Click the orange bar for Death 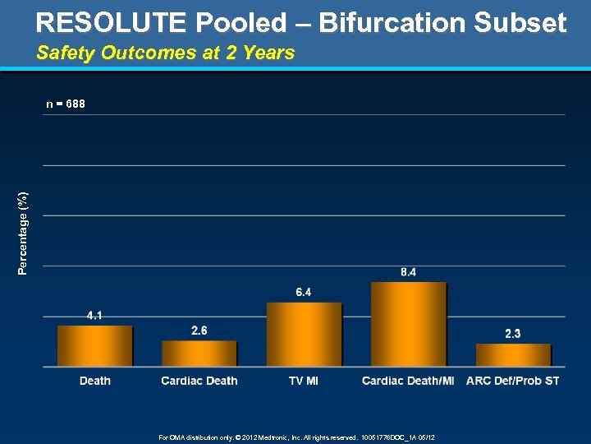94,345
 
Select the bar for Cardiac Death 199,354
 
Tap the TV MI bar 304,334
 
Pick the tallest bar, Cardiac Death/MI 409,324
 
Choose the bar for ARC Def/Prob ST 513,354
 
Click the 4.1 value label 95,315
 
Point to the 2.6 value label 199,331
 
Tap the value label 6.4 304,292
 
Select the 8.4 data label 408,271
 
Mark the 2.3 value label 512,333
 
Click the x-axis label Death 95,381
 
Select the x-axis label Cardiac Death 199,381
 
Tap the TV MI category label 304,381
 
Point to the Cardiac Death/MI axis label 408,381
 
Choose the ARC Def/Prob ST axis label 513,381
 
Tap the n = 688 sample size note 66,104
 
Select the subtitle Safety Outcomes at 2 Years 165,53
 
